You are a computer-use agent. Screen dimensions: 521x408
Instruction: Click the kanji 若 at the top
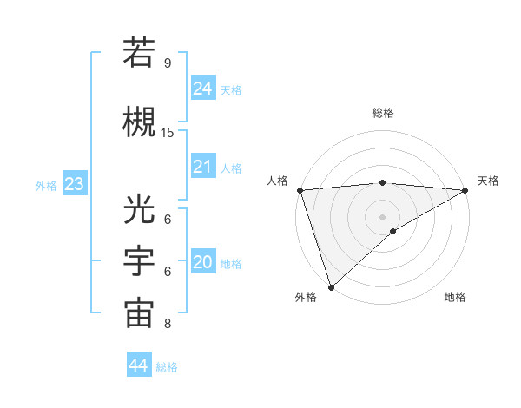[139, 53]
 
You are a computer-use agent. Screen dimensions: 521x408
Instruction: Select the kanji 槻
[139, 120]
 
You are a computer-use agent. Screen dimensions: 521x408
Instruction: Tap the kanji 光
[139, 210]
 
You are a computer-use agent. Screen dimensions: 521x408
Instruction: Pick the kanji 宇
[139, 262]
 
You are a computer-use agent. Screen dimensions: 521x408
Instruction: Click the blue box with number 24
[202, 89]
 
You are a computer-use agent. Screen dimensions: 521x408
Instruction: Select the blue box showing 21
[202, 167]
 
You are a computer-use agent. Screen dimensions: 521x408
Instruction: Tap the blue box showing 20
[202, 262]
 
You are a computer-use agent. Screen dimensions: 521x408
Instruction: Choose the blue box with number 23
[74, 184]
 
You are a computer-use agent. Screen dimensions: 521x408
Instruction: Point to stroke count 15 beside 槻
[168, 133]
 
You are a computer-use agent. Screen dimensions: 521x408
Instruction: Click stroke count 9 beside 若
[168, 63]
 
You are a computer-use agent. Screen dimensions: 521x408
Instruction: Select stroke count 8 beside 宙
[168, 324]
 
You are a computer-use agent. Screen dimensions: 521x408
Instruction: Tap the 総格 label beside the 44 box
[168, 367]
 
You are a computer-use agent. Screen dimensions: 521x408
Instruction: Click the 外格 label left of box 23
[46, 186]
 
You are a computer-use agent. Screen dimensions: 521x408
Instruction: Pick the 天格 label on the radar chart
[488, 181]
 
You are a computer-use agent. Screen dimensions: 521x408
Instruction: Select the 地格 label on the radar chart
[455, 297]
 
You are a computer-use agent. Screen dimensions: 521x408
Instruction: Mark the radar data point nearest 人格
[300, 190]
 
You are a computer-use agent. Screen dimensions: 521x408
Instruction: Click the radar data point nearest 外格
[330, 287]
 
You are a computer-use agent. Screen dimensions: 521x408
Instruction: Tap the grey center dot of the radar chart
[382, 216]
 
